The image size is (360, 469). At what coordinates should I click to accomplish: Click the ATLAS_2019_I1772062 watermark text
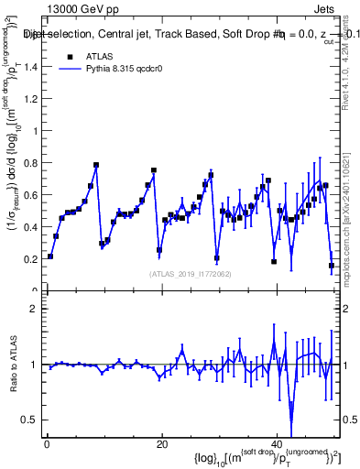pos(191,273)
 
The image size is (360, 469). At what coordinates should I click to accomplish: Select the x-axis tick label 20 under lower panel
pos(161,442)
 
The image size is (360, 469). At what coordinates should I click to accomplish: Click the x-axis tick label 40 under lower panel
pos(276,442)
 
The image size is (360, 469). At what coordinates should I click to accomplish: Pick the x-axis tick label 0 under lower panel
pos(47,442)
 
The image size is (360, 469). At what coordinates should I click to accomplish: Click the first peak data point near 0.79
pos(96,166)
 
